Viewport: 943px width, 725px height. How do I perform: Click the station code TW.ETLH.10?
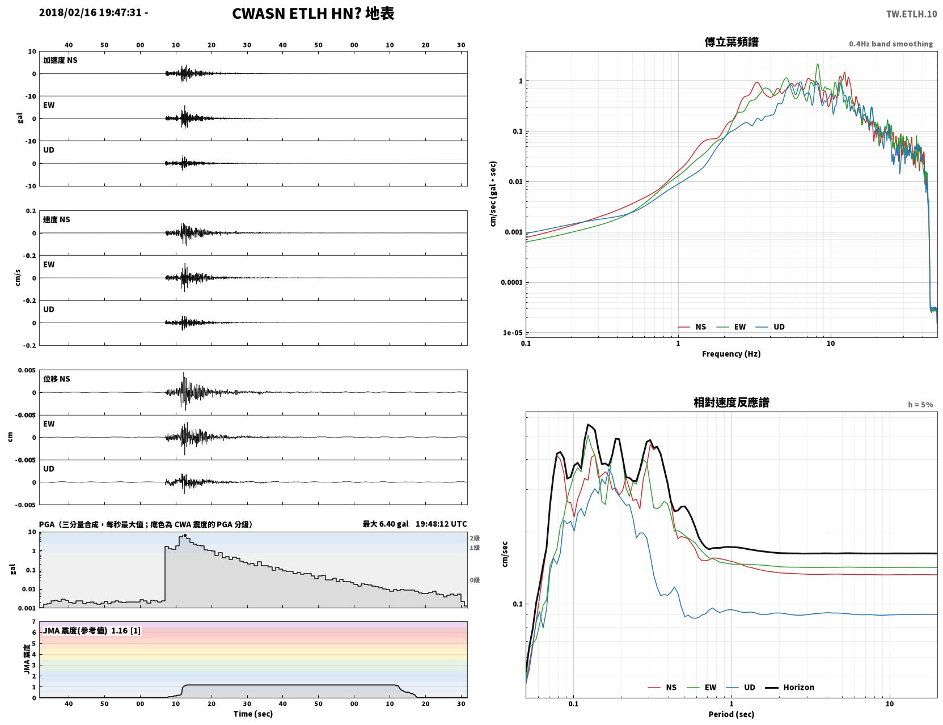pos(911,14)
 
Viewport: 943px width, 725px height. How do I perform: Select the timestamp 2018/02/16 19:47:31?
pos(90,12)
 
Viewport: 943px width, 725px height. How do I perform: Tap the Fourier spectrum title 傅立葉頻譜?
pos(731,42)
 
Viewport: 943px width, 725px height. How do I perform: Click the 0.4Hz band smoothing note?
pos(890,44)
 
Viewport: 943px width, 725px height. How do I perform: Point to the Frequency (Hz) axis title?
pos(731,354)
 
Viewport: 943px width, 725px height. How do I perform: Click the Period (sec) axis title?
pos(731,714)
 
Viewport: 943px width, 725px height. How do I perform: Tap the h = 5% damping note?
pos(920,405)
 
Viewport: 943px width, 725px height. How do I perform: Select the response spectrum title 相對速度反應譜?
pos(731,402)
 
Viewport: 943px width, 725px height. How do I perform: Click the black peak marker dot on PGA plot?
pos(185,536)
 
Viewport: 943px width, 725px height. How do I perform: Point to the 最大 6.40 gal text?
pos(386,524)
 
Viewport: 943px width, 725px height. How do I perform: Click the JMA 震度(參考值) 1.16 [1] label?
pos(91,630)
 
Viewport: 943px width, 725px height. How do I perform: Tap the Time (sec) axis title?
pos(253,714)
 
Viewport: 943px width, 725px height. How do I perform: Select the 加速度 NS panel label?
pos(60,60)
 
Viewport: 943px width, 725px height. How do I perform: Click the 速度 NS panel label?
pos(56,219)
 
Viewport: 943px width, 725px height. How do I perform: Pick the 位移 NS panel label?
pos(56,379)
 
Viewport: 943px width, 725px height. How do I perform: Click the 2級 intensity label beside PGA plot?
pos(475,538)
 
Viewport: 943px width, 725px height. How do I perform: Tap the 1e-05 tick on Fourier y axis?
pos(513,333)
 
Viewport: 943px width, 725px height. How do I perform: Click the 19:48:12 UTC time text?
pos(441,524)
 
